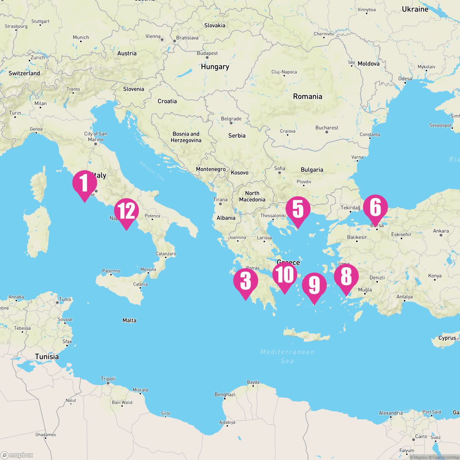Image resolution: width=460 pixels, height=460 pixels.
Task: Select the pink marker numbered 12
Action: [x=127, y=212]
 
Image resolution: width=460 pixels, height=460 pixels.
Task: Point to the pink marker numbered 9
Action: [x=314, y=286]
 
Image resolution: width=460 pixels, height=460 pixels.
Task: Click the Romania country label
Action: [x=307, y=97]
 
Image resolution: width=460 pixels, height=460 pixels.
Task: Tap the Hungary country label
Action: [x=215, y=67]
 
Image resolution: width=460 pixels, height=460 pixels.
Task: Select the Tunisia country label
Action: [x=47, y=356]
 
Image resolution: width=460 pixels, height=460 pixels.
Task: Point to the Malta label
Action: [x=129, y=320]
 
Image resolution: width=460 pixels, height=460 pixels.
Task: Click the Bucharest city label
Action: [x=327, y=128]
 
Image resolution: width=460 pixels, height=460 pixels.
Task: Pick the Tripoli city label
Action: [x=108, y=379]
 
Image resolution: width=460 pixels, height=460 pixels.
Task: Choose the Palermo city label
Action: [x=111, y=271]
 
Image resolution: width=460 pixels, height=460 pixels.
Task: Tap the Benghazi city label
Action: [x=225, y=394]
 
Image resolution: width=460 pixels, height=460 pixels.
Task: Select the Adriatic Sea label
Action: [x=152, y=171]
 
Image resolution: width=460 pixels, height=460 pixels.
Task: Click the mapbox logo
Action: [x=17, y=455]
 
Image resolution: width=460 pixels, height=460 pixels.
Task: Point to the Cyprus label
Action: [x=447, y=338]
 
